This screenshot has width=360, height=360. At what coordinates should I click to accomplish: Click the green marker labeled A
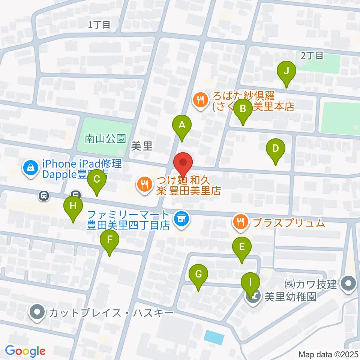click(x=182, y=126)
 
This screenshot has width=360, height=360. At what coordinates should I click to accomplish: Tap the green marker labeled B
click(x=243, y=109)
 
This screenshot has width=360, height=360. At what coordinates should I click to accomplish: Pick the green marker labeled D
click(x=276, y=149)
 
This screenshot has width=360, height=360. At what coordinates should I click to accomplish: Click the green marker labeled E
click(x=242, y=247)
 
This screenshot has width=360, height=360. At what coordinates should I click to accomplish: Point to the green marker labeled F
click(x=109, y=240)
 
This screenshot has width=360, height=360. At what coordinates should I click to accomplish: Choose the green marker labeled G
click(x=198, y=274)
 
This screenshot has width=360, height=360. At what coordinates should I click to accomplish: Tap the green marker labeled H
click(x=73, y=206)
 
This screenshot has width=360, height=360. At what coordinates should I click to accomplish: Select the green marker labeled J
click(x=286, y=71)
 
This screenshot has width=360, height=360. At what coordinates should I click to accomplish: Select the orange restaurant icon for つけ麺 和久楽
click(x=144, y=184)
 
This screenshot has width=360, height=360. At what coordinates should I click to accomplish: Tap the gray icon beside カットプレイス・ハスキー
click(x=37, y=312)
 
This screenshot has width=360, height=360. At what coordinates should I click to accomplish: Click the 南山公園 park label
click(x=105, y=139)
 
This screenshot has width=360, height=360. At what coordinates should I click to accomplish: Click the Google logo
click(x=25, y=351)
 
